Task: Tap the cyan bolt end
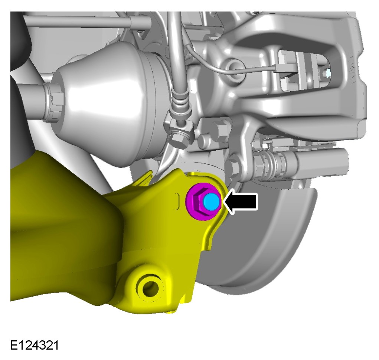click(211, 202)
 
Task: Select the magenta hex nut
click(203, 202)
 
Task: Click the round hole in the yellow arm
click(151, 288)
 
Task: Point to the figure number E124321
click(34, 345)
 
